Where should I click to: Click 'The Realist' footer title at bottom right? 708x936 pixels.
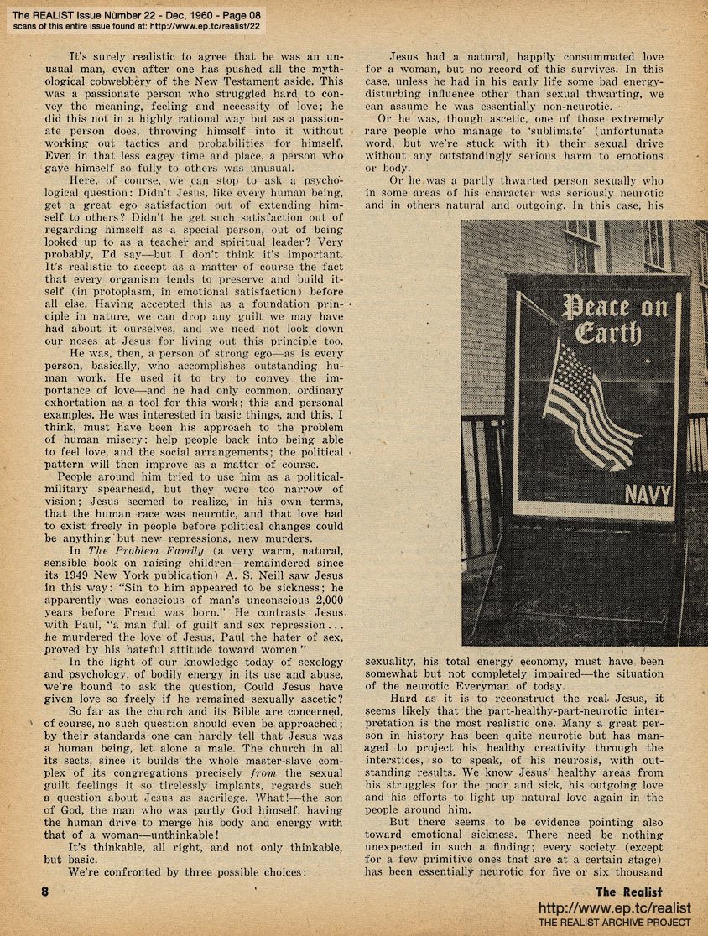point(629,892)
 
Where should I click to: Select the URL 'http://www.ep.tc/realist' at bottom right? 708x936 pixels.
point(614,908)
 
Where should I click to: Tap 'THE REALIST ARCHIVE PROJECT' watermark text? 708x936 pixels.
point(614,923)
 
